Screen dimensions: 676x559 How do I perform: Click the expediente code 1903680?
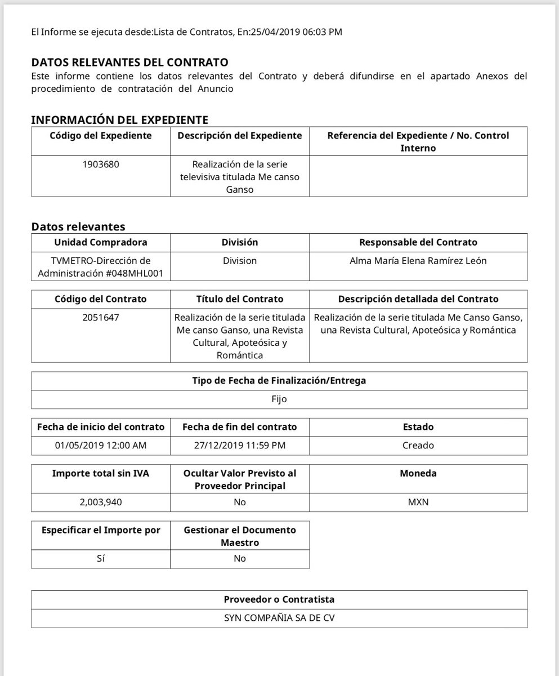click(x=101, y=165)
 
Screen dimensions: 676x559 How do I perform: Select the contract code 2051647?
click(x=101, y=317)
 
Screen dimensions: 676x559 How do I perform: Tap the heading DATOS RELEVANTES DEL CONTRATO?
click(x=130, y=62)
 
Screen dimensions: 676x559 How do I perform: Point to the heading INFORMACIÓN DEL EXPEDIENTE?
click(x=119, y=119)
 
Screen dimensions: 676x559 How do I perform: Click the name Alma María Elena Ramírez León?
click(x=418, y=261)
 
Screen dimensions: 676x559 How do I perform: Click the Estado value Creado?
click(x=418, y=445)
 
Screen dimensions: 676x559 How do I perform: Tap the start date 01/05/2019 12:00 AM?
click(x=101, y=445)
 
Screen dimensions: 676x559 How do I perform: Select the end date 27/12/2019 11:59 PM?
click(x=239, y=445)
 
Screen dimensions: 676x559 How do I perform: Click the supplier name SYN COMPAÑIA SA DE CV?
click(x=279, y=617)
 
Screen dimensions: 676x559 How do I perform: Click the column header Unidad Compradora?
click(x=101, y=242)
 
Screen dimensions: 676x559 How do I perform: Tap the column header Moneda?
click(x=418, y=474)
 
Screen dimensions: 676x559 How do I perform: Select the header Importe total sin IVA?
click(x=101, y=474)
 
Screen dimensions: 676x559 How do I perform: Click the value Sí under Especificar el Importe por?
click(x=101, y=558)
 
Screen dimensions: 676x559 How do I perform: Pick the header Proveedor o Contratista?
click(x=279, y=599)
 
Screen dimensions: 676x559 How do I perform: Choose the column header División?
click(x=239, y=242)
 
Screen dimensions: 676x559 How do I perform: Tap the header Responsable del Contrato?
click(x=418, y=242)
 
